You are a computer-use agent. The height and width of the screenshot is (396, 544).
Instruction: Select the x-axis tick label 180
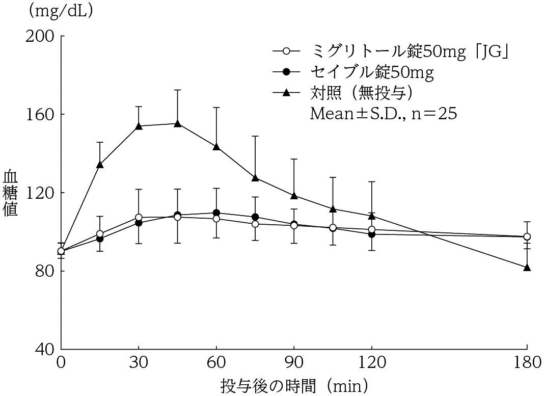point(527,363)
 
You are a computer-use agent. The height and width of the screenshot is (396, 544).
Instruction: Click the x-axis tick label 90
point(294,363)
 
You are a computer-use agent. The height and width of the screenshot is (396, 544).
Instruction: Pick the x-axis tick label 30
point(139,363)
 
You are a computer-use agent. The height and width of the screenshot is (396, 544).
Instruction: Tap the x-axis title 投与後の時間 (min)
point(294,383)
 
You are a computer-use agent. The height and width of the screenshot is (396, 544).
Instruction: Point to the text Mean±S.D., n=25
point(383,113)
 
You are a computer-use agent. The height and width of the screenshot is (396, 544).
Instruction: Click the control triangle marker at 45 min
point(177,123)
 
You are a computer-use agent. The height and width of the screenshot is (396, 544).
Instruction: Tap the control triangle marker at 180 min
point(527,267)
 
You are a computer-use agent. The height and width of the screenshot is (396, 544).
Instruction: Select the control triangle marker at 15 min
point(100,165)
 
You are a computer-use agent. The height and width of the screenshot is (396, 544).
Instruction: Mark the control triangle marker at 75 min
point(255,177)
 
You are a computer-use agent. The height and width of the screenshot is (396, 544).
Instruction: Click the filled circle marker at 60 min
point(216,213)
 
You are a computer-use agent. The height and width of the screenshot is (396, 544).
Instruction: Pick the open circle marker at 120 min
point(372,229)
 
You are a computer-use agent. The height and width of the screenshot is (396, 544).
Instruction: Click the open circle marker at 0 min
point(61,251)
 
